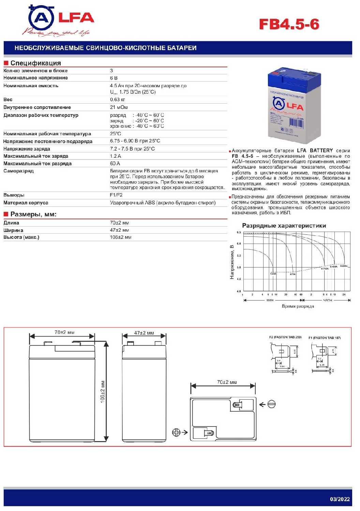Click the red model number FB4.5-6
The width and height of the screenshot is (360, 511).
[289, 24]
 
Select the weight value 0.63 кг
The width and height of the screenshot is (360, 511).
[117, 99]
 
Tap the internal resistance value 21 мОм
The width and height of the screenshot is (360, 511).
[119, 107]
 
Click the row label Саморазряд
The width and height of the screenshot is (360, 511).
[18, 171]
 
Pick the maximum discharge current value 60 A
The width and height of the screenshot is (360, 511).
[115, 164]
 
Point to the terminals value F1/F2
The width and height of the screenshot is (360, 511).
[116, 195]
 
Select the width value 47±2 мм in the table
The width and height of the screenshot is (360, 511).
[119, 230]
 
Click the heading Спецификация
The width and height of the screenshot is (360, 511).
[35, 63]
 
